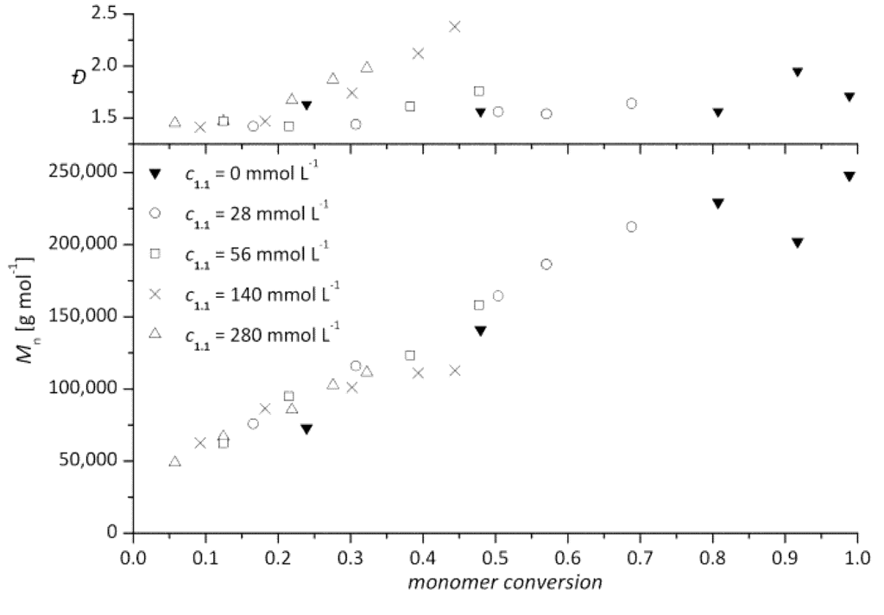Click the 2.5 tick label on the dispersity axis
tap(110, 15)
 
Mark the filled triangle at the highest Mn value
tap(849, 176)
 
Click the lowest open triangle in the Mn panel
tap(174, 461)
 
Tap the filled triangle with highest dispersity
tap(798, 72)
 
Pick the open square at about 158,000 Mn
tap(479, 305)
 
